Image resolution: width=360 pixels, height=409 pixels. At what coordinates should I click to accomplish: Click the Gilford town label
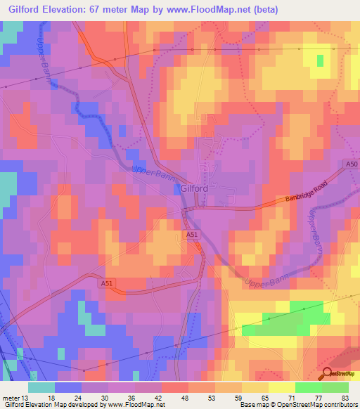(x=194, y=189)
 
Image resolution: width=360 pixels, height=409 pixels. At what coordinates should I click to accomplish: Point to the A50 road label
(x=352, y=164)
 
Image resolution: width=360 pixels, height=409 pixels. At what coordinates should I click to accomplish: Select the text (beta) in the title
(x=265, y=9)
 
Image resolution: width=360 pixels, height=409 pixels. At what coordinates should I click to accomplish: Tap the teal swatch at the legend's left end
(x=41, y=387)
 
